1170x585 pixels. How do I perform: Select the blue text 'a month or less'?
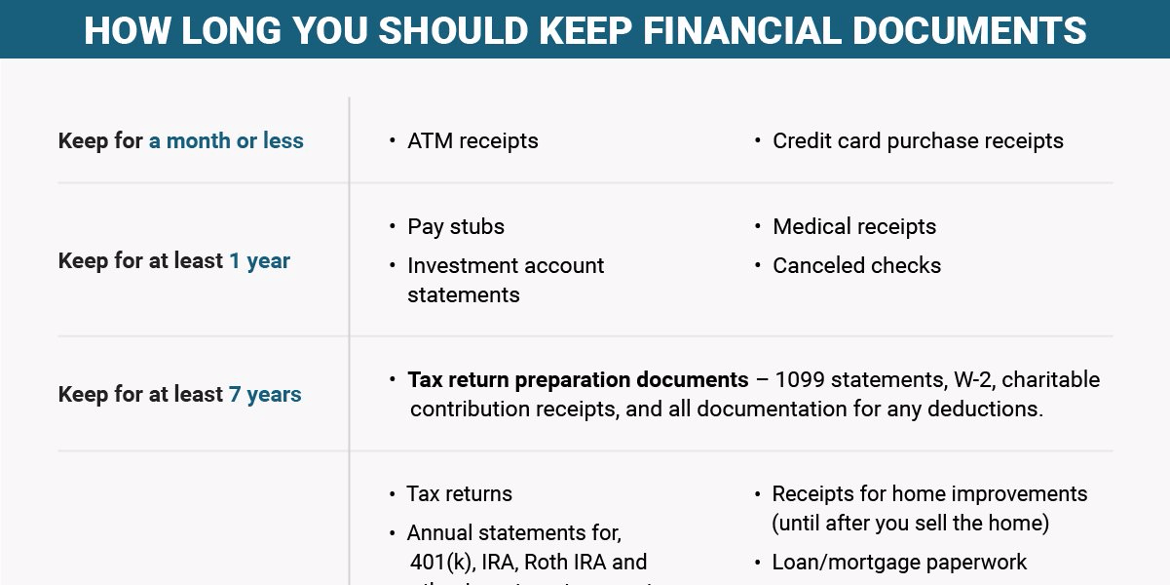click(226, 140)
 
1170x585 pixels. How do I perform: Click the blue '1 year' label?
click(259, 261)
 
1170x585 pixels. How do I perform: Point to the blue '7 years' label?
click(265, 395)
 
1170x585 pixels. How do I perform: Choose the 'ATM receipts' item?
click(472, 140)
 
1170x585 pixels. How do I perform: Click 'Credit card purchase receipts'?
click(918, 140)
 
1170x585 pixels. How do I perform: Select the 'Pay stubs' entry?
click(456, 227)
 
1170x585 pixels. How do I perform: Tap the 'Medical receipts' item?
click(854, 227)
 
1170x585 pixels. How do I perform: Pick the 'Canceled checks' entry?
click(856, 265)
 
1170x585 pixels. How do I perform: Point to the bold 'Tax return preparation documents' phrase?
click(578, 379)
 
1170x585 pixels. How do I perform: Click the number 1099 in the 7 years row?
click(802, 379)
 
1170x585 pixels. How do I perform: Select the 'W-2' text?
click(950, 379)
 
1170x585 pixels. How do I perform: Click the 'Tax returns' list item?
click(459, 494)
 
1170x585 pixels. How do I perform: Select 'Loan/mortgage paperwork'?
click(899, 563)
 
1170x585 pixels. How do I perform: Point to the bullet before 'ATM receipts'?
click(392, 140)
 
